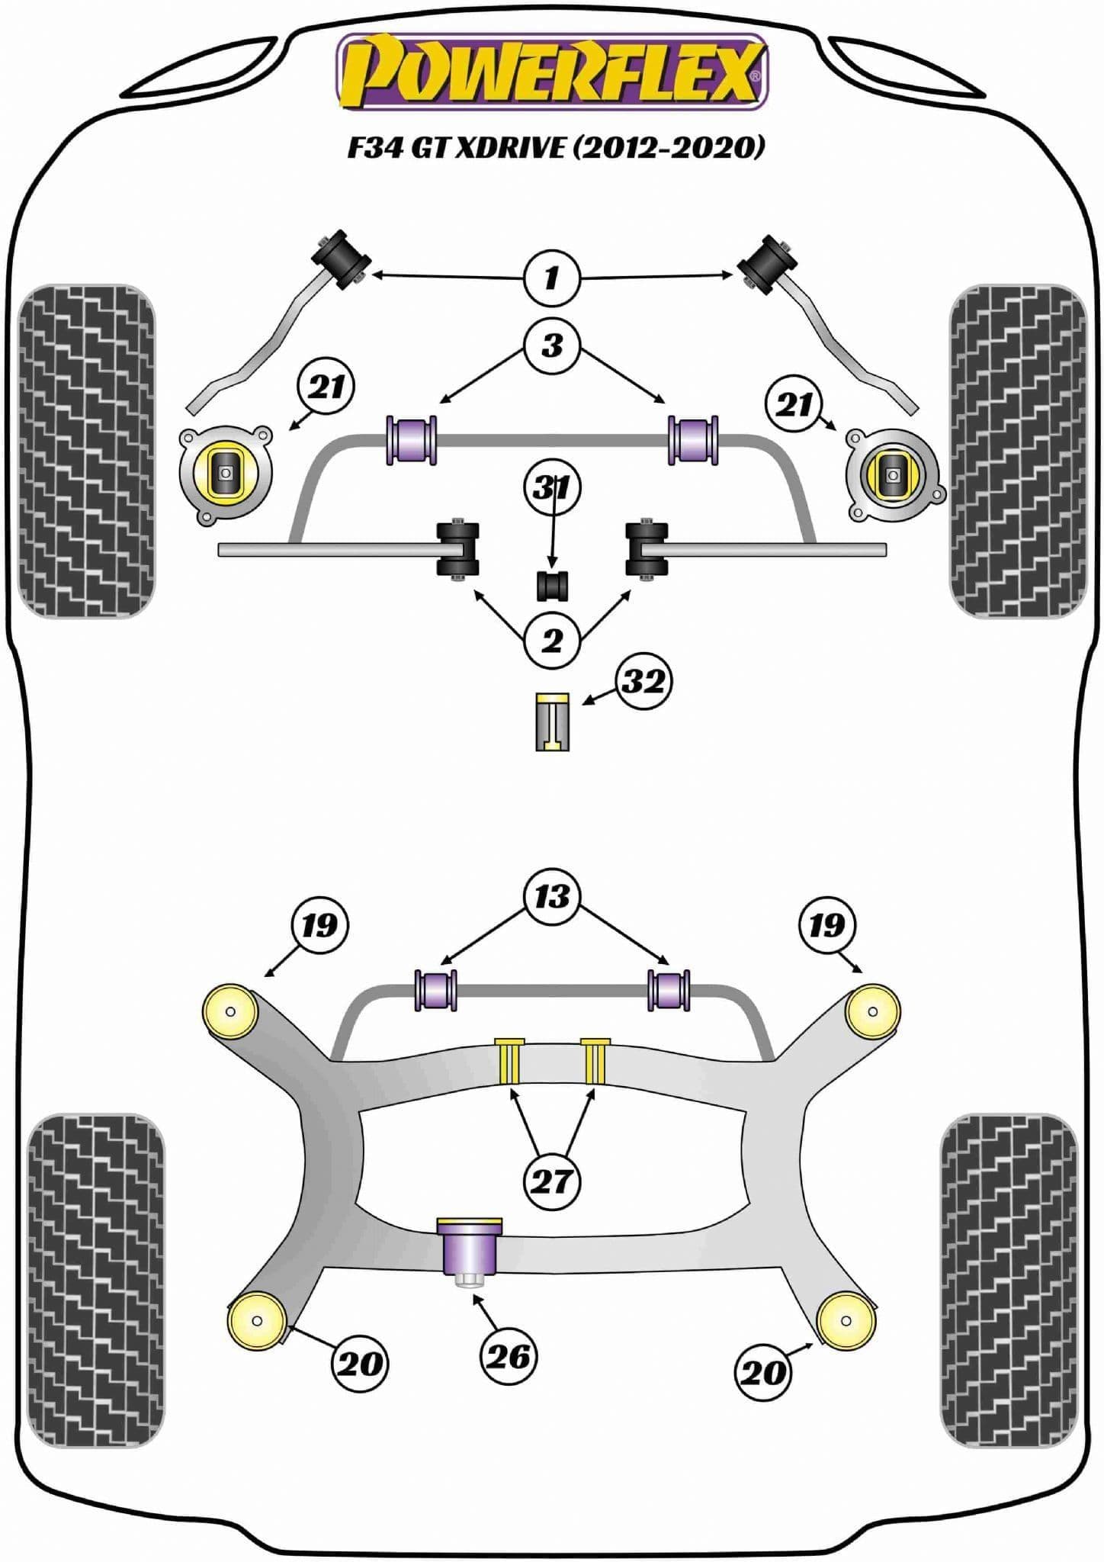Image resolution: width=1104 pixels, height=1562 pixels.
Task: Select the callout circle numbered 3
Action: [x=552, y=346]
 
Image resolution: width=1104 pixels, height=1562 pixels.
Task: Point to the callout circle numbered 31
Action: [x=552, y=487]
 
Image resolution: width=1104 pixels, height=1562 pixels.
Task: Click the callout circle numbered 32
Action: [x=643, y=681]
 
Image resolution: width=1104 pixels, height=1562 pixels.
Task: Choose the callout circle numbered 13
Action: [x=552, y=895]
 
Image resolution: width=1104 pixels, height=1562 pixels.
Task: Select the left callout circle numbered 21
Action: [x=327, y=388]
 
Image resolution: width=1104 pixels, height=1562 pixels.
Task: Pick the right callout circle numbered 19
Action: [x=827, y=926]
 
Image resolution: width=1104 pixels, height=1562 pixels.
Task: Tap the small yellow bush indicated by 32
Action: [x=553, y=722]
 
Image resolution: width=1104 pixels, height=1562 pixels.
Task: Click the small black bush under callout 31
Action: [x=553, y=584]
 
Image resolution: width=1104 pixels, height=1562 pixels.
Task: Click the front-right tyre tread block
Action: [x=1017, y=452]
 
